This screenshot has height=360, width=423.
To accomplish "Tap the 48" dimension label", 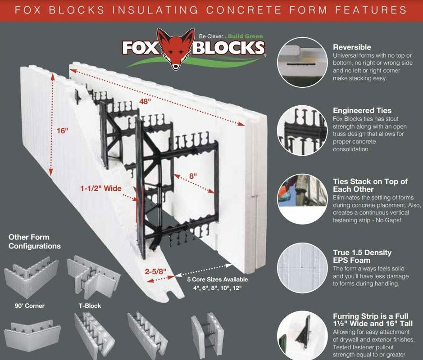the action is click(x=145, y=102).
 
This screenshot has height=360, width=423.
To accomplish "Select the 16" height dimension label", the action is click(x=62, y=130).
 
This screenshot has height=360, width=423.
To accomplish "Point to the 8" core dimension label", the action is click(x=193, y=176).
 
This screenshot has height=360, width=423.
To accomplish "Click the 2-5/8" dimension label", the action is click(x=155, y=271).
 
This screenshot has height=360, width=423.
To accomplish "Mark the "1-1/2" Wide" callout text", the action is click(x=101, y=189).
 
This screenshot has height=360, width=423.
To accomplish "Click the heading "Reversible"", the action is click(x=352, y=47).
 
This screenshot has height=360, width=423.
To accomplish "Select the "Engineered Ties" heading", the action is click(x=362, y=111).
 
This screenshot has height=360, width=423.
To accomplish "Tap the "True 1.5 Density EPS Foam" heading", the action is click(x=362, y=256).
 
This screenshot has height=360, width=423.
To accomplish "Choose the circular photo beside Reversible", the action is click(x=302, y=62).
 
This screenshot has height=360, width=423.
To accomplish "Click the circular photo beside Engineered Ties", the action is click(x=302, y=130).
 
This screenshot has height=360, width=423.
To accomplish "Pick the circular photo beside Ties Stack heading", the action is click(x=302, y=199).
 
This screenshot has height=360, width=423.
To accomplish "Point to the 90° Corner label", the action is click(x=30, y=306).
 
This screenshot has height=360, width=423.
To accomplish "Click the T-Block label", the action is click(x=90, y=306).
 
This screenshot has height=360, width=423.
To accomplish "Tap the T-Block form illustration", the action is click(x=94, y=278).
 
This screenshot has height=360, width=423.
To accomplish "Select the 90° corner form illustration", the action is click(x=31, y=278).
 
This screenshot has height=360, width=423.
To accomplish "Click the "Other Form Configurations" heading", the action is click(x=35, y=242).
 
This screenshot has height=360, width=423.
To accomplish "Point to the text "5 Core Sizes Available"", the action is click(x=218, y=279).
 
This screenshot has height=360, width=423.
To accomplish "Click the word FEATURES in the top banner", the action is click(x=371, y=10).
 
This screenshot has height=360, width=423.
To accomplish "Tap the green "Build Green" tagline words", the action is click(x=246, y=36).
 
